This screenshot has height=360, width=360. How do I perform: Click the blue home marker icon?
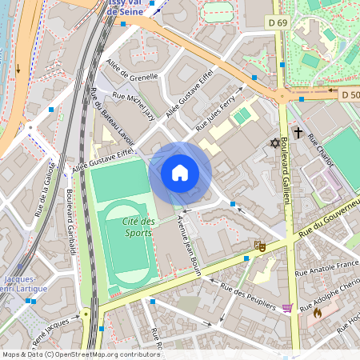click(x=180, y=172)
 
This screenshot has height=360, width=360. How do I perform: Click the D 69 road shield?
click(x=278, y=23)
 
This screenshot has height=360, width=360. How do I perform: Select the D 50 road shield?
click(x=350, y=95)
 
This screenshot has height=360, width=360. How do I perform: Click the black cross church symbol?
click(x=298, y=132)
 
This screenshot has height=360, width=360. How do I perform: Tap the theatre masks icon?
click(x=258, y=246)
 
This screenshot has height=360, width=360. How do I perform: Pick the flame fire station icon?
click(x=317, y=314)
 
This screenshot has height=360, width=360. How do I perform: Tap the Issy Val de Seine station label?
click(x=132, y=8)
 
